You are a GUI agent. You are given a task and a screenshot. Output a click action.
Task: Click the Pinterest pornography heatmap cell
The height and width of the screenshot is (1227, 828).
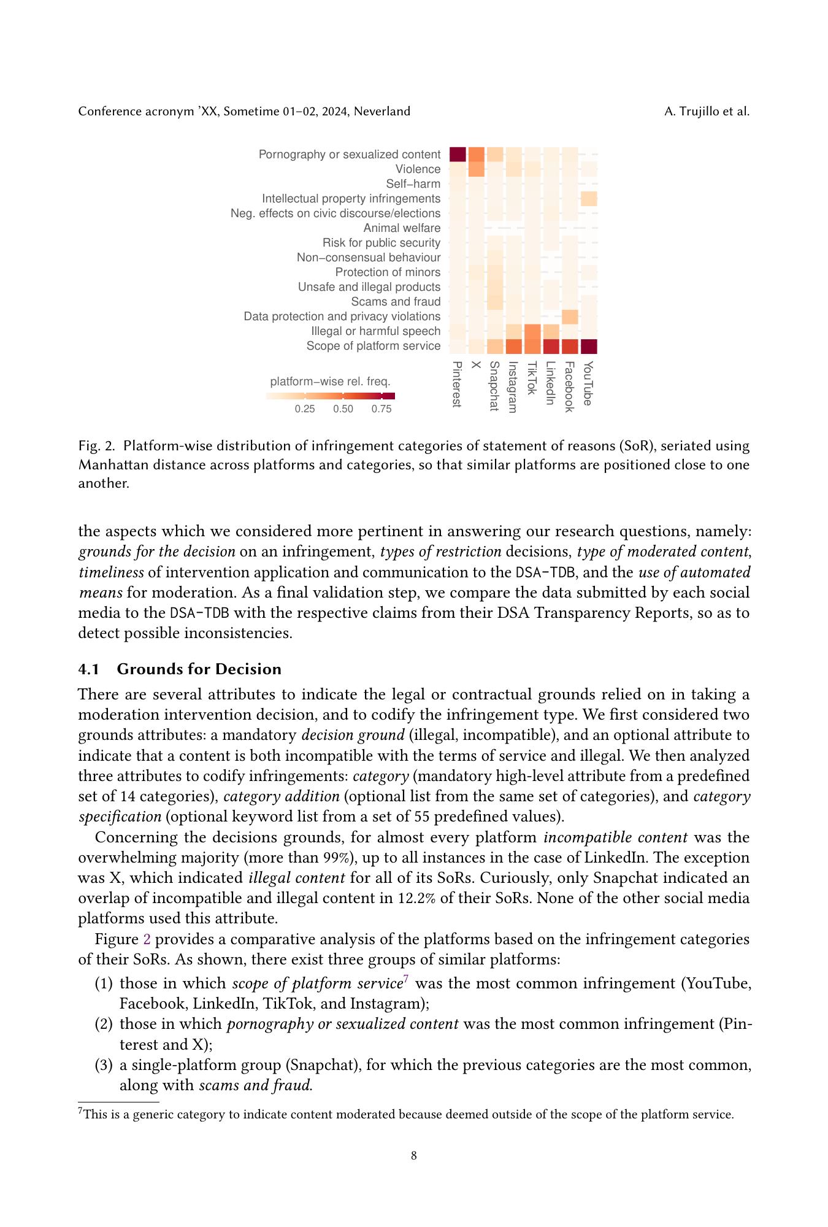coord(458,155)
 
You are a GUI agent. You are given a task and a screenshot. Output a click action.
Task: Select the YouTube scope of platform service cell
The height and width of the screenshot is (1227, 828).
coord(589,347)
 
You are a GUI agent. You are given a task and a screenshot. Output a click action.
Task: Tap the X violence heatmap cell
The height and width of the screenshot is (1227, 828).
coord(477,169)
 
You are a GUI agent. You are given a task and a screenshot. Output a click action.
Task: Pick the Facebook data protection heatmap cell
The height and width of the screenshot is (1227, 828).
coord(570,317)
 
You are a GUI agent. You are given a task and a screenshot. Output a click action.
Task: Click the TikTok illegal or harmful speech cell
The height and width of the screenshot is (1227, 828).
coord(532,331)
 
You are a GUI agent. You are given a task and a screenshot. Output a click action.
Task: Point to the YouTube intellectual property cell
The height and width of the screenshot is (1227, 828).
coord(589,199)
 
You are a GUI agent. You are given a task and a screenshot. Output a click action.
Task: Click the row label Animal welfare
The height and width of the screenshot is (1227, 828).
coord(402,228)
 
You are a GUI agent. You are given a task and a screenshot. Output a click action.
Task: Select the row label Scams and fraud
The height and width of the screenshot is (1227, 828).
coord(396,302)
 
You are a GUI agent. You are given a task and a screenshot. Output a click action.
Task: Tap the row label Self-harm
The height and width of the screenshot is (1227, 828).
coord(413,184)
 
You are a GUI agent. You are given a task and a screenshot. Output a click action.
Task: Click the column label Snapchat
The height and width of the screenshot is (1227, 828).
coord(494,386)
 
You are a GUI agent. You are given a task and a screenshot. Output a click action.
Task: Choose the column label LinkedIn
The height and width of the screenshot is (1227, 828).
coord(551,383)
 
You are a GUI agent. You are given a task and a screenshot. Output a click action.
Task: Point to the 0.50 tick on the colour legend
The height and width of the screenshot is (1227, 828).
coord(343,409)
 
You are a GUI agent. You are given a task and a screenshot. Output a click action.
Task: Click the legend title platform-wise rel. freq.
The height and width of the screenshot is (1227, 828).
coord(330,382)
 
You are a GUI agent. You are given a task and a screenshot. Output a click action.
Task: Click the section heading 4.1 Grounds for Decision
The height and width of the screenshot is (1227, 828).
coord(180,669)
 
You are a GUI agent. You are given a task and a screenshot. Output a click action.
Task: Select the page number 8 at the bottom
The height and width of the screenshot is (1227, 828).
coord(414,1156)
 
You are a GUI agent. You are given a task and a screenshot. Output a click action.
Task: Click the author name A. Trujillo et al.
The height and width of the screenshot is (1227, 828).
coord(707,111)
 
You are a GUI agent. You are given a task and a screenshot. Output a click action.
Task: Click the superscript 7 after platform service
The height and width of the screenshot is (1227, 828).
coord(406,980)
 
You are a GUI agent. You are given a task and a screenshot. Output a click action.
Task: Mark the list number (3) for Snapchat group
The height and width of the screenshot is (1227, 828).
coord(104,1065)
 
